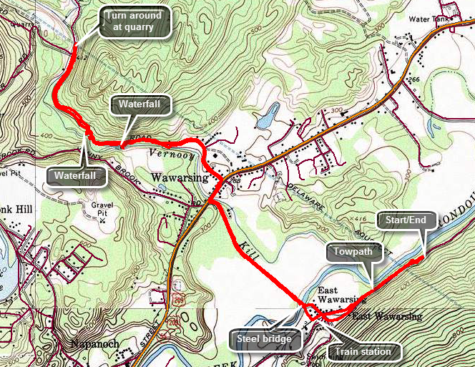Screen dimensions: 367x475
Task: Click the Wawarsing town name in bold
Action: click(179, 177)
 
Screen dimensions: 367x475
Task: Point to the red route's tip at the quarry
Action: click(75, 47)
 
